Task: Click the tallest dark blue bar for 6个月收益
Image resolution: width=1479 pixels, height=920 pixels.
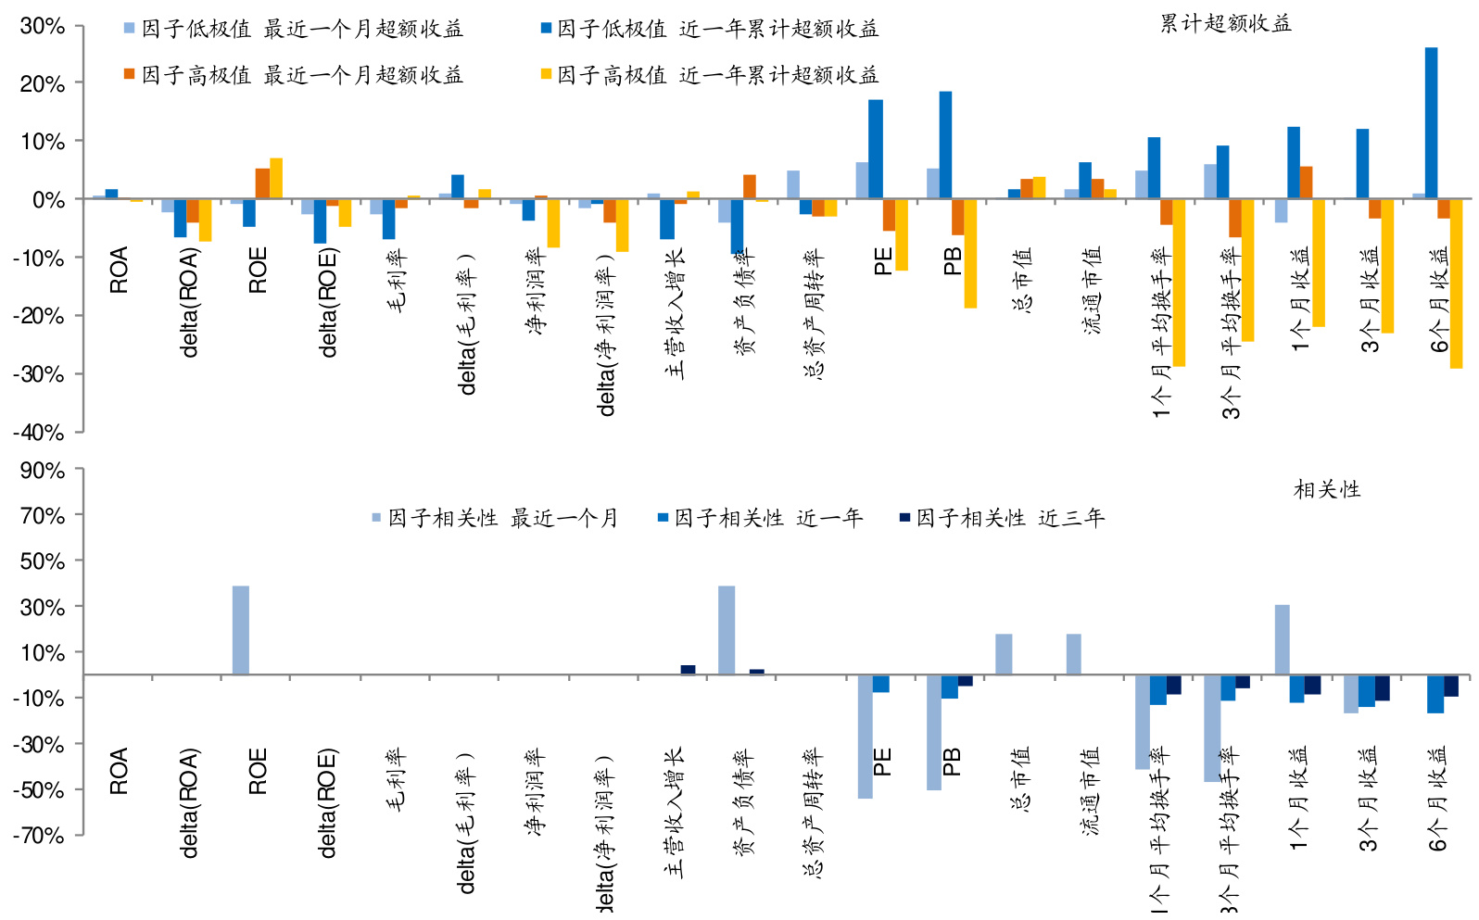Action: coord(1431,122)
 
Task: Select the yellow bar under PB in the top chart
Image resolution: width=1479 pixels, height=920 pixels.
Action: coord(970,253)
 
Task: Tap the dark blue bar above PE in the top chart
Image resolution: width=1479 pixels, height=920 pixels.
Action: coord(876,149)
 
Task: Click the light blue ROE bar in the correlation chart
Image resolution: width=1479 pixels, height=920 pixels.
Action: coord(240,630)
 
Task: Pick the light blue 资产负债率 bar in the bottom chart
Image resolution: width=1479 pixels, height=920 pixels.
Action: coord(727,630)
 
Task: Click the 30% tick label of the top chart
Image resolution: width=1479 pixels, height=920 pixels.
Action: coord(43,26)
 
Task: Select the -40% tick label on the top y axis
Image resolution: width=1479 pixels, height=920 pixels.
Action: coord(39,432)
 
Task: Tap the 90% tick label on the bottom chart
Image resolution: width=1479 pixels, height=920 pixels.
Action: coord(43,470)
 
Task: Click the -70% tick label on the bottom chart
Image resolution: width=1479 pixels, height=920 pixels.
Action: coord(39,835)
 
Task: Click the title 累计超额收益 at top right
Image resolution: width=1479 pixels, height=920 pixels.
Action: coord(1225,23)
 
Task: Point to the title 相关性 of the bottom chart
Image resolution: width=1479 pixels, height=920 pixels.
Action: coord(1326,489)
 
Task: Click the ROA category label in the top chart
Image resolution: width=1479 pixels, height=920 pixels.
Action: coord(119,271)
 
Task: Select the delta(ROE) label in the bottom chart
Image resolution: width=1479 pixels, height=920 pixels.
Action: coord(327,803)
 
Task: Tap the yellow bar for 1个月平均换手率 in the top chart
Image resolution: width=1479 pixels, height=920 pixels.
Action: coord(1179,283)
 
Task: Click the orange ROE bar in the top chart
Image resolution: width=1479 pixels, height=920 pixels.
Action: coord(262,183)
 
